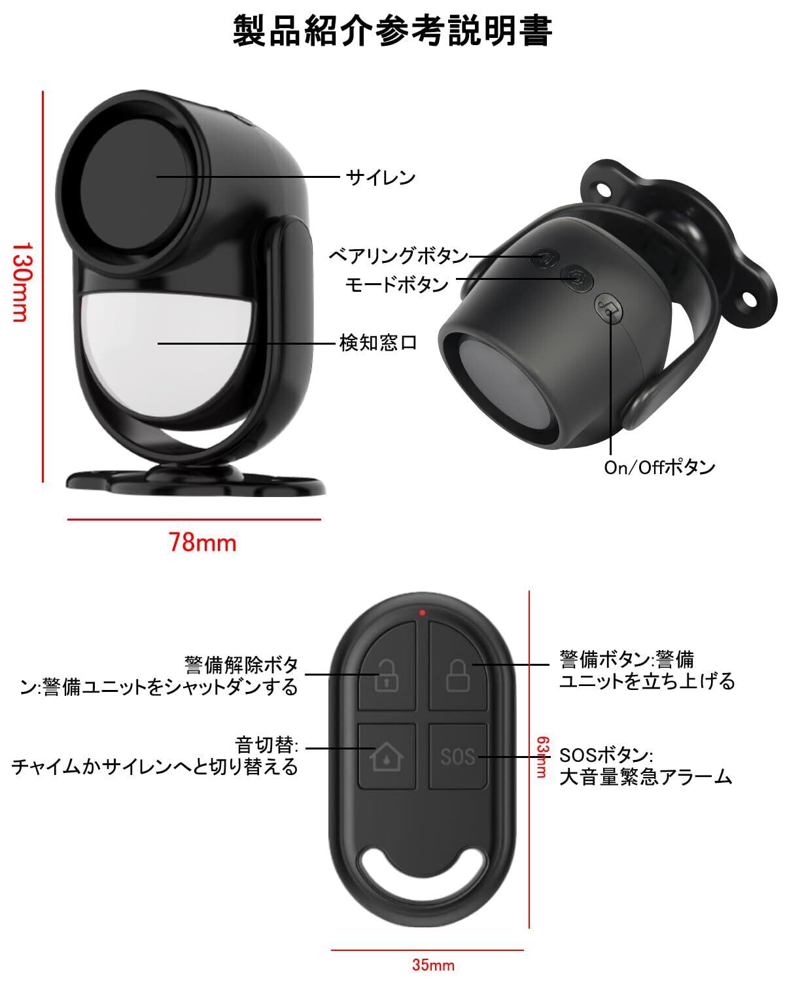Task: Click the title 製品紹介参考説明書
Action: coord(392,31)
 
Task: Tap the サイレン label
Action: coord(381,177)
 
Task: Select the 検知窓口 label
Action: coord(378,343)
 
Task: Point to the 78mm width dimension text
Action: coord(202,542)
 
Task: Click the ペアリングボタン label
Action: coord(398,256)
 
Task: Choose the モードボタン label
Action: coord(397,284)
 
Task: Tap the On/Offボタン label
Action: coord(659,468)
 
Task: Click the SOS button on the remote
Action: coord(458,757)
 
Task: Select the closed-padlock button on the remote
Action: coord(458,674)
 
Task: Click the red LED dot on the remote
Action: coord(423,613)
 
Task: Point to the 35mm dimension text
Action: coord(433,965)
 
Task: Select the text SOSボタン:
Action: coord(605,755)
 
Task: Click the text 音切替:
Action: coord(267,745)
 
